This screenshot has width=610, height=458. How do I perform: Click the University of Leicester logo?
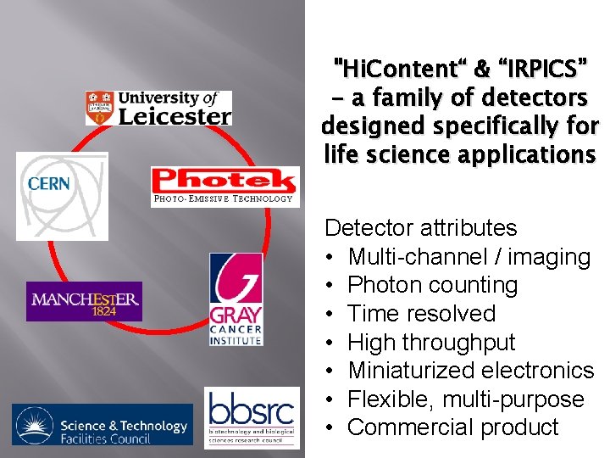point(158,108)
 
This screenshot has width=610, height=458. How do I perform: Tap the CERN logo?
point(62,195)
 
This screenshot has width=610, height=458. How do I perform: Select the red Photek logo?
point(224,181)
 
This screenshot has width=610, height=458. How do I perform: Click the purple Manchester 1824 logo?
point(84,301)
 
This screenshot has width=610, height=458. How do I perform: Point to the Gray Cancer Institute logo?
point(236,299)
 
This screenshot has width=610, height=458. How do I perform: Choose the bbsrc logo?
point(252,417)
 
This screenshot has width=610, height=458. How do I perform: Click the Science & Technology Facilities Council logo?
point(103,426)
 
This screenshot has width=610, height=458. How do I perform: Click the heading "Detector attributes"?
point(421,227)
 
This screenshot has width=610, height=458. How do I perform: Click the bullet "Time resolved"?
point(422,314)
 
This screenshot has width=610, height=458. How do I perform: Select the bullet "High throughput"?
point(431,343)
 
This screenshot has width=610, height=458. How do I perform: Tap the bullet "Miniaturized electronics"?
point(471,371)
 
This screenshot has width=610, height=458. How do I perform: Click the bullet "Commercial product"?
point(453,427)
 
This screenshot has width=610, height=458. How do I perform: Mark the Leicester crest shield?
point(100,108)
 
